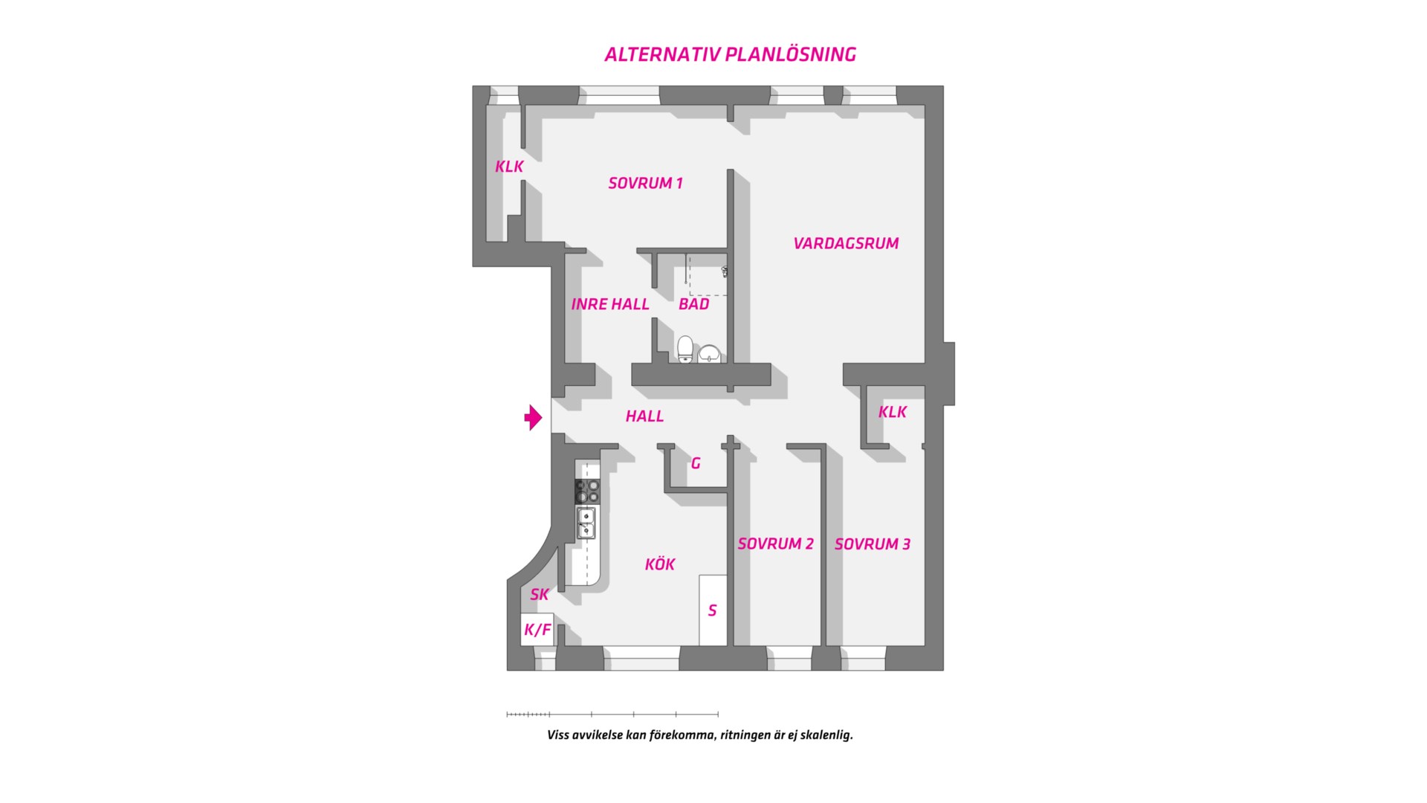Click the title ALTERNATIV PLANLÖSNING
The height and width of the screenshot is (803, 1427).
click(730, 54)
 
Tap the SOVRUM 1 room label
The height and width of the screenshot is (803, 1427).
click(645, 183)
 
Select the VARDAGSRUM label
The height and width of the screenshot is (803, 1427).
click(846, 243)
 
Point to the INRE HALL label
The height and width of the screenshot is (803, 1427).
click(610, 304)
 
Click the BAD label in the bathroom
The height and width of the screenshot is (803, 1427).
click(693, 304)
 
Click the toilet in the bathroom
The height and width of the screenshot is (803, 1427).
click(685, 349)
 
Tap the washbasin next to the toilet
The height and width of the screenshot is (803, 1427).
click(710, 353)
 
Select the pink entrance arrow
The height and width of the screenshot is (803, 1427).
click(533, 417)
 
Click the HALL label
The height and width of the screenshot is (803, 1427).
click(644, 416)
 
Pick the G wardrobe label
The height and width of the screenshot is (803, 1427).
click(696, 463)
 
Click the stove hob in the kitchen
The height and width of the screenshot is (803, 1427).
click(586, 491)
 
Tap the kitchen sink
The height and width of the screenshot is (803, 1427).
click(586, 522)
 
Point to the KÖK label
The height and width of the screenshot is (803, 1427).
click(659, 564)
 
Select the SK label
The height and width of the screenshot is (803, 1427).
click(539, 595)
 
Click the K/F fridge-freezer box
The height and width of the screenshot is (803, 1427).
click(537, 630)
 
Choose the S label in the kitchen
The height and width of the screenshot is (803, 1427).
click(712, 610)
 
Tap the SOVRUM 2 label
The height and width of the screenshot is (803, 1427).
click(775, 544)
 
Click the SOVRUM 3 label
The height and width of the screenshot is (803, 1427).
click(872, 544)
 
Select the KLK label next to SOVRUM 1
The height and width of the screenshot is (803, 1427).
click(509, 167)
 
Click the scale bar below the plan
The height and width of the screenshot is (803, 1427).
click(612, 715)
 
